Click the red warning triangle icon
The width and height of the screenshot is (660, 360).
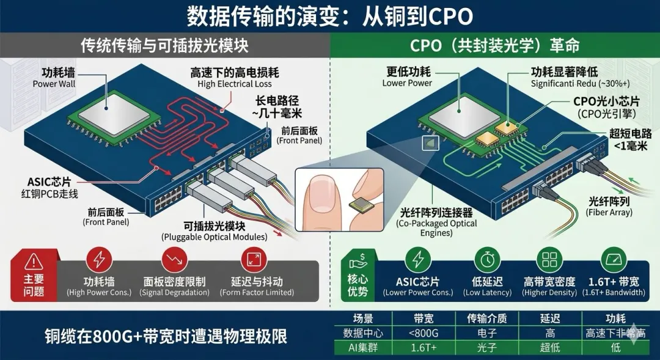tap(34, 262)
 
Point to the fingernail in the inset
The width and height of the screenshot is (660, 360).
tap(321, 195)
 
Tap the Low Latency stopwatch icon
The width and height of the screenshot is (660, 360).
tap(487, 260)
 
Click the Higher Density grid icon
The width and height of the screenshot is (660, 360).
tap(549, 260)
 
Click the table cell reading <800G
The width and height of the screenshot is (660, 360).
tap(426, 333)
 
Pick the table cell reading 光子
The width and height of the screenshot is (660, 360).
tap(486, 347)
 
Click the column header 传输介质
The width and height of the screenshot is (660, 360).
tap(486, 319)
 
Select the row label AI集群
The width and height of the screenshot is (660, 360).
tap(363, 347)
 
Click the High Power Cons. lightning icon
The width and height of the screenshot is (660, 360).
tap(98, 260)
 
